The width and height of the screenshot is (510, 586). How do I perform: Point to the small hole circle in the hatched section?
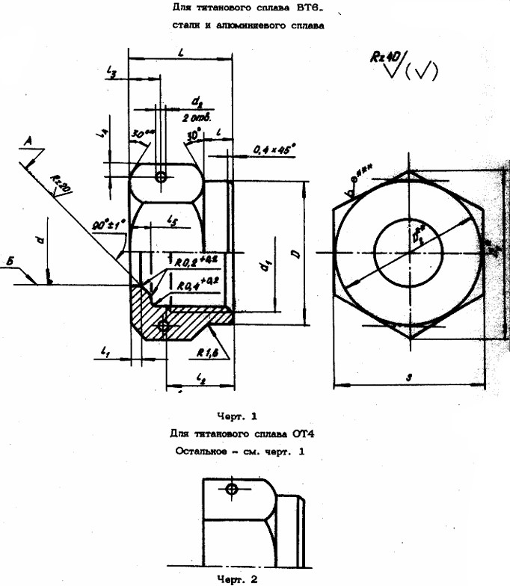coord(164,325)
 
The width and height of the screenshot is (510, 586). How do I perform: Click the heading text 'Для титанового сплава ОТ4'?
coord(235,433)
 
